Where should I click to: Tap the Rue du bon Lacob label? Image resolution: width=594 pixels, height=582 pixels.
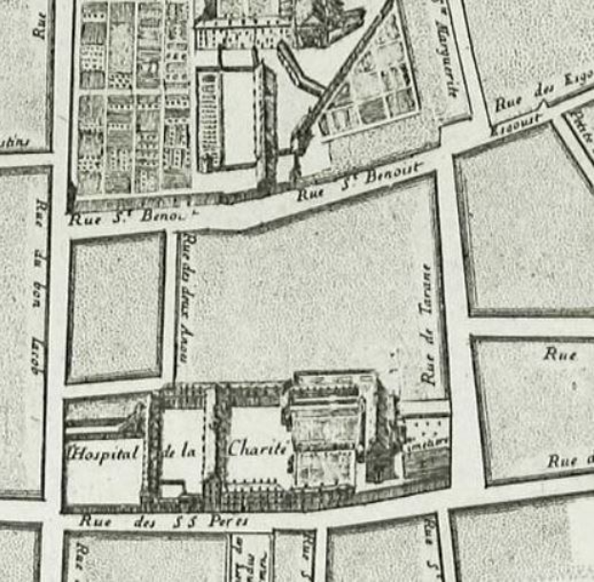coord(38,285)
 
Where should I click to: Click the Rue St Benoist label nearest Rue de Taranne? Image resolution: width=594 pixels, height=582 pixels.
coord(358,189)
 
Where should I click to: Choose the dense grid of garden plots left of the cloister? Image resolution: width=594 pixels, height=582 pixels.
coord(133,95)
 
